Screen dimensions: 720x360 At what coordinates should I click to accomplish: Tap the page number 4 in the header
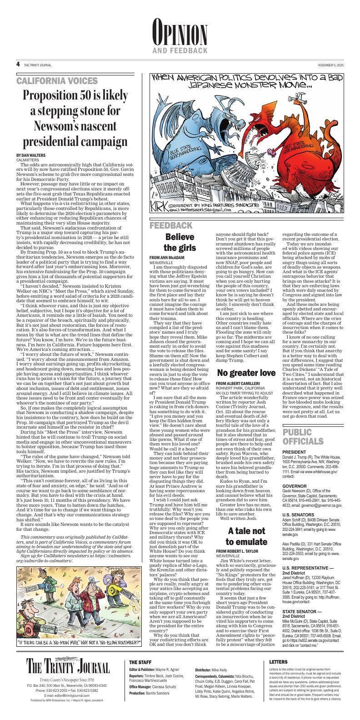pos(18,65)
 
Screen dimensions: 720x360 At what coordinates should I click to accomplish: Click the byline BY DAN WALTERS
pos(31,155)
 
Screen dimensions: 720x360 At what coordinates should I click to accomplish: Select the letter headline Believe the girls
pos(179,242)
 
